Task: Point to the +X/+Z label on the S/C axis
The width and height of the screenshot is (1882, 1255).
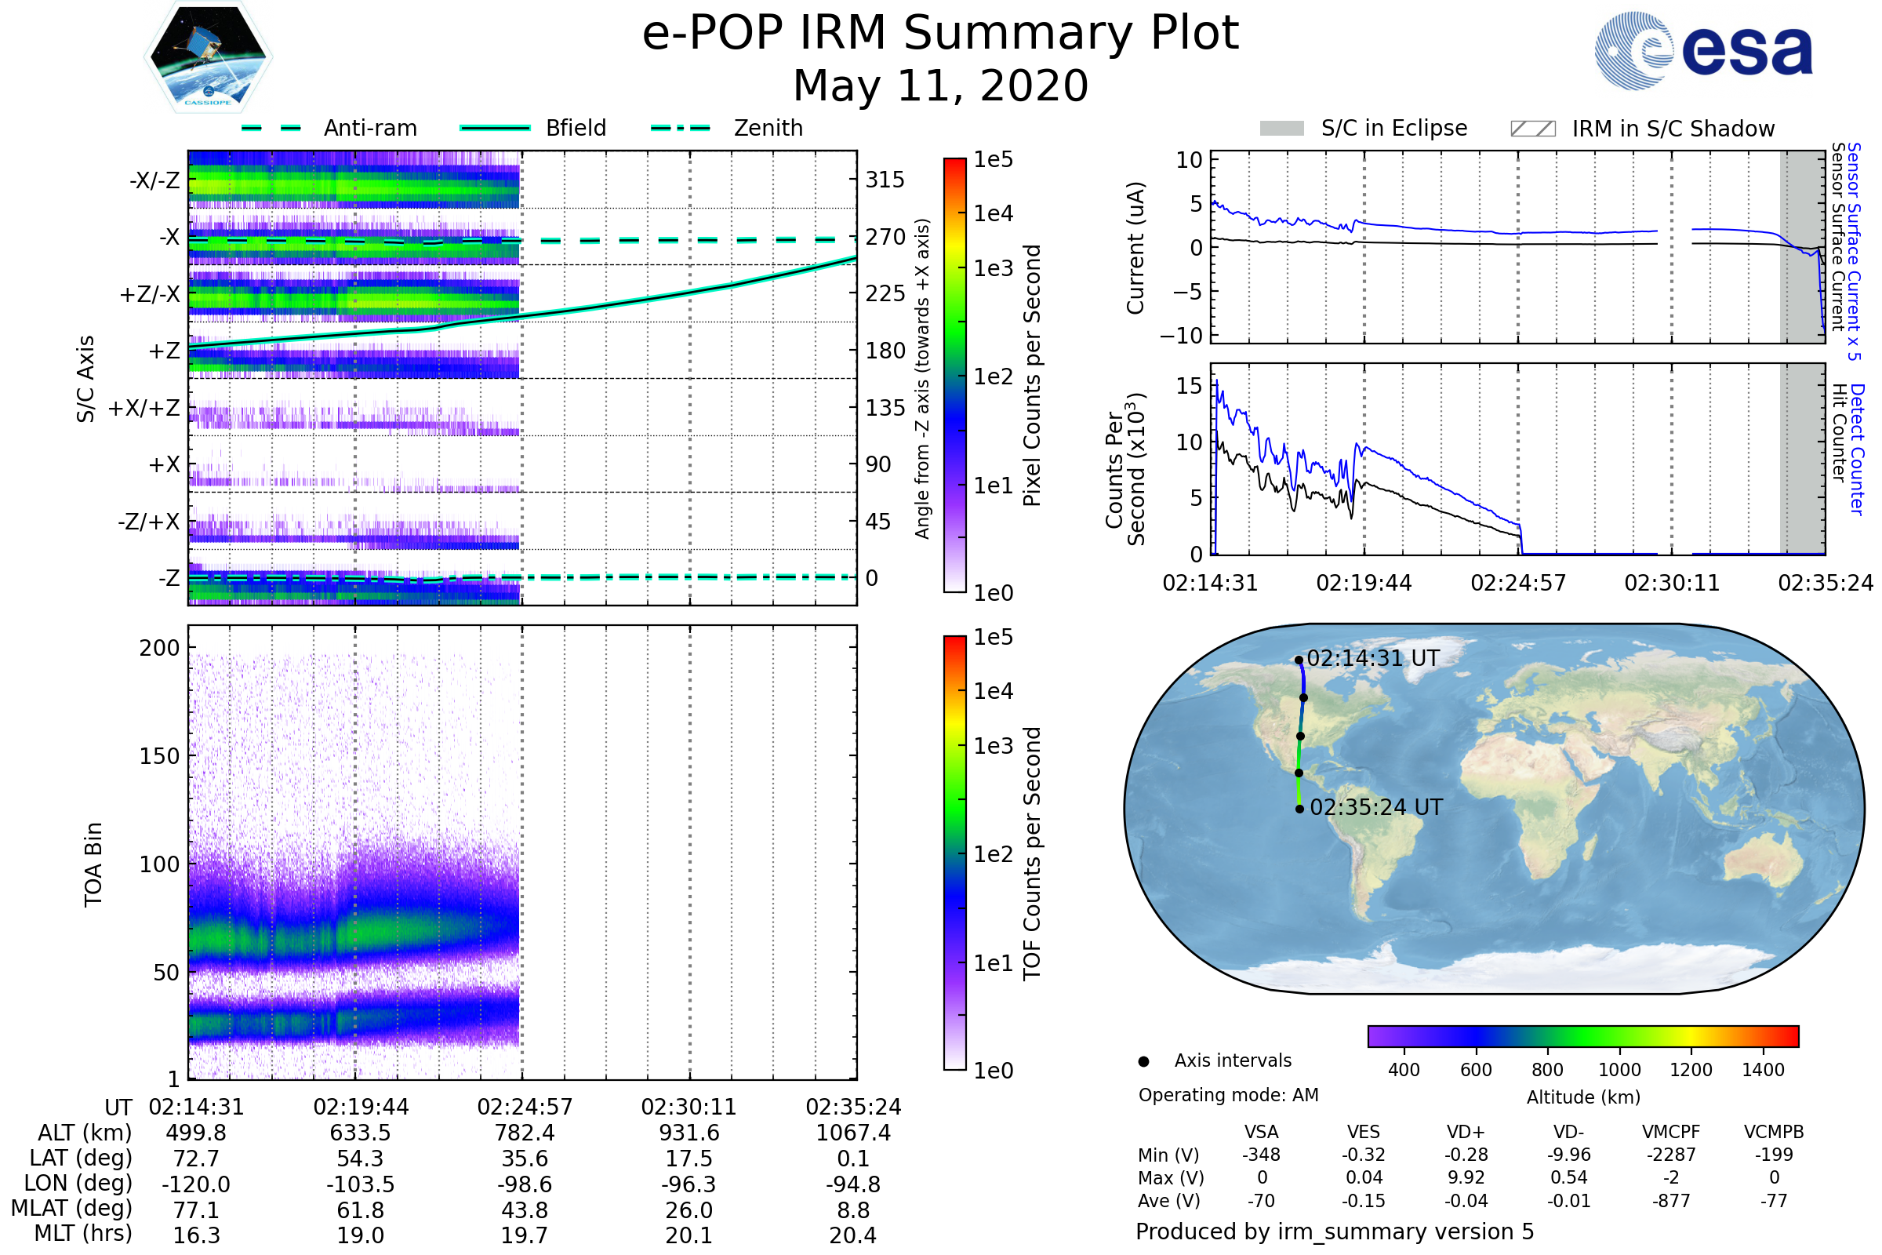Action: click(x=144, y=408)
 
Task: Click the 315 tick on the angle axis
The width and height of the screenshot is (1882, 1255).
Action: click(x=885, y=180)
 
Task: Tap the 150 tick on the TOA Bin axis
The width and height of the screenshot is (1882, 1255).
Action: click(x=159, y=755)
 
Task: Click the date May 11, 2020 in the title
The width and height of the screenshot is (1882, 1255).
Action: click(x=940, y=85)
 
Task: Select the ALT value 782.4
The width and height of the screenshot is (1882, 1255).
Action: click(x=524, y=1133)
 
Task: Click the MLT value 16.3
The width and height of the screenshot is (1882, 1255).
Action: click(x=196, y=1235)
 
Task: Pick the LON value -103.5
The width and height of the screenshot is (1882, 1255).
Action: click(x=360, y=1184)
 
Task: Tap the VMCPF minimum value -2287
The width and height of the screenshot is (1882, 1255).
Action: click(x=1671, y=1154)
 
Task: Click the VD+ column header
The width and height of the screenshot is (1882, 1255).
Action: click(x=1466, y=1132)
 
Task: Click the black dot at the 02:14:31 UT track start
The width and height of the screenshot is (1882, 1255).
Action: click(x=1299, y=660)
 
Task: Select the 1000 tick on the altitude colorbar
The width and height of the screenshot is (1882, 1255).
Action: click(x=1619, y=1070)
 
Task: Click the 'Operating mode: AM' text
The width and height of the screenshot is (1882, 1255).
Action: click(x=1228, y=1095)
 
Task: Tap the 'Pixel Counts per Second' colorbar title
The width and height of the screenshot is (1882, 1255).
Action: click(x=1032, y=375)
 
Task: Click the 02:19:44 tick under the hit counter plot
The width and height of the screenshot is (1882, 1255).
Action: click(x=1364, y=583)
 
